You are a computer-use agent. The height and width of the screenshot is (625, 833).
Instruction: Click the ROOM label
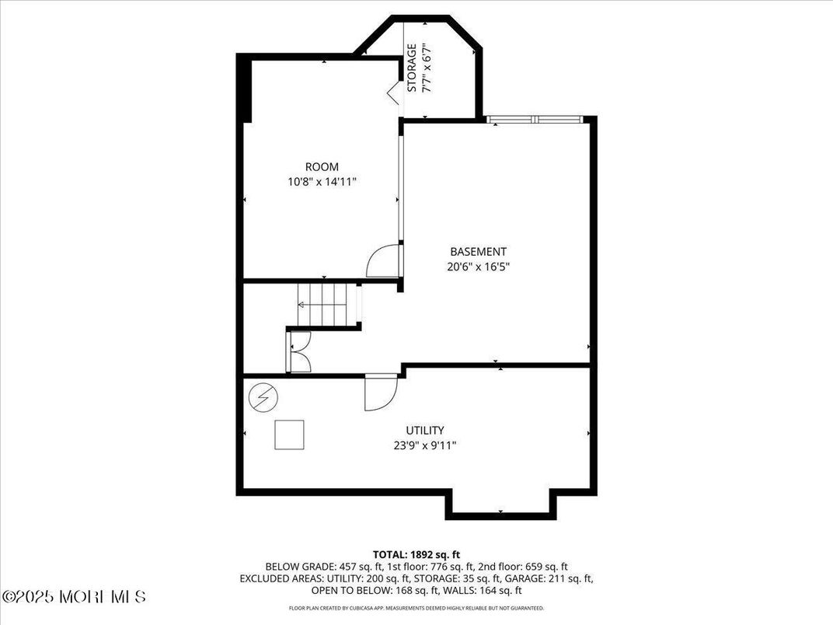click(x=322, y=166)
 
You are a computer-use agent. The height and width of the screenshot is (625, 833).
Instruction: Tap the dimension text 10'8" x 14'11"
click(x=322, y=181)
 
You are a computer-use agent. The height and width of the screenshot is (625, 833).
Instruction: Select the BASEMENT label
click(x=479, y=251)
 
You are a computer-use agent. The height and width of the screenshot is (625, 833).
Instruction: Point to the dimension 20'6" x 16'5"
click(x=479, y=266)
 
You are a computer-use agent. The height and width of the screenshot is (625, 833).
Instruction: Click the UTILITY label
click(x=425, y=430)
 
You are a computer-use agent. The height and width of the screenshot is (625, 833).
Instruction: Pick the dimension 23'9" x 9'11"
click(x=425, y=445)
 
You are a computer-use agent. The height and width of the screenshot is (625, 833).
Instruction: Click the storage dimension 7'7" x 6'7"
click(x=427, y=68)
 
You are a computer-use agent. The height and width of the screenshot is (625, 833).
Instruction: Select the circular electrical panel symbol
click(x=261, y=400)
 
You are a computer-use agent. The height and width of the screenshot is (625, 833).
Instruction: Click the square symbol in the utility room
click(x=289, y=434)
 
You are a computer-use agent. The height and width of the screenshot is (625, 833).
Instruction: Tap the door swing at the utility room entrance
click(x=380, y=392)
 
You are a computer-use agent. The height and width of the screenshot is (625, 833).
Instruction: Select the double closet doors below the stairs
click(x=299, y=351)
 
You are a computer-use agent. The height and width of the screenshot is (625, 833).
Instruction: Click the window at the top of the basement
click(x=535, y=119)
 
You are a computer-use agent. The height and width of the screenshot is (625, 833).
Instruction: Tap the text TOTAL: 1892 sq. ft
click(x=416, y=554)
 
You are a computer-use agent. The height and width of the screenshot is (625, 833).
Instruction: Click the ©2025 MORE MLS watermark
click(x=75, y=597)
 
